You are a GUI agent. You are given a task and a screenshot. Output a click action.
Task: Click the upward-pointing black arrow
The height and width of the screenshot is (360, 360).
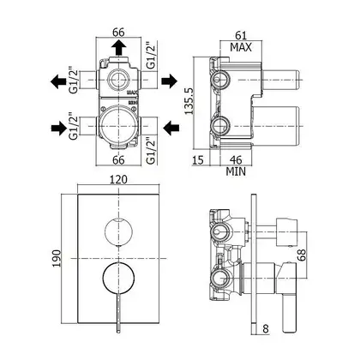pos(118,47)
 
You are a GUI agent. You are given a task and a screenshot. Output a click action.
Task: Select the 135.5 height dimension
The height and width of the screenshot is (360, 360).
pos(189,100)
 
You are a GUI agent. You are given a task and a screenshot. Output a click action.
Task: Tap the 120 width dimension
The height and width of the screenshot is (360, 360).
pos(118,180)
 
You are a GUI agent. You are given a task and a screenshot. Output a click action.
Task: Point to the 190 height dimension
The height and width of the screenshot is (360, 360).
pos(57,258)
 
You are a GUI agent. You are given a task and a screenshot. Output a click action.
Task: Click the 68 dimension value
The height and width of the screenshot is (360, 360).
pos(301,255)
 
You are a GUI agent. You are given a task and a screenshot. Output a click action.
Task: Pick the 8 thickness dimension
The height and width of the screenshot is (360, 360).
pos(266,329)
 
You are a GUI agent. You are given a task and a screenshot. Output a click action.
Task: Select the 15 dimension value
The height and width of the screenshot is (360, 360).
pos(198,159)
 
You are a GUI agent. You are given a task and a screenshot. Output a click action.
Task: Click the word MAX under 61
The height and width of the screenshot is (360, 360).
pos(241,47)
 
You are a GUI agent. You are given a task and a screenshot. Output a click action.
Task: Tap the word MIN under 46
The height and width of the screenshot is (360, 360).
pos(236,171)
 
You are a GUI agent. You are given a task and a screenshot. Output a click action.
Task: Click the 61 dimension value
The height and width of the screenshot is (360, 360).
pos(241,35)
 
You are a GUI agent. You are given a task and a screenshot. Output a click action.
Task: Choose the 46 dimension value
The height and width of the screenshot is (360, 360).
pos(236,159)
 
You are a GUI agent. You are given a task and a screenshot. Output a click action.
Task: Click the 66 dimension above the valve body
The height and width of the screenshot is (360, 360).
pos(118,32)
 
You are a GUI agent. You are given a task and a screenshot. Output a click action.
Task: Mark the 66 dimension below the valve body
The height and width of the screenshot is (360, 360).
pos(118,159)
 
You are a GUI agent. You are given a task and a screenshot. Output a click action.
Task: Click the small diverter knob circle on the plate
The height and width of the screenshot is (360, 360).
pos(118,231)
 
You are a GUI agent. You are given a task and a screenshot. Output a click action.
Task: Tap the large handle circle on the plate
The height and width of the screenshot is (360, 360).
pos(118,277)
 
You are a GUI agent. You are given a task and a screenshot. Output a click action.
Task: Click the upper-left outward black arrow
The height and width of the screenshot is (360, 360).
pos(58,81)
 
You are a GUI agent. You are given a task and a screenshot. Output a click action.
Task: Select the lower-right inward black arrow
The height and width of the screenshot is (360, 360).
pos(171,128)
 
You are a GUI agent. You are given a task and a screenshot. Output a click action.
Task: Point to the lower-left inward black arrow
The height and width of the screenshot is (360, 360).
pos(59,128)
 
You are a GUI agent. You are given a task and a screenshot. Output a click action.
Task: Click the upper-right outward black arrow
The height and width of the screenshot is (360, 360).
pos(170,81)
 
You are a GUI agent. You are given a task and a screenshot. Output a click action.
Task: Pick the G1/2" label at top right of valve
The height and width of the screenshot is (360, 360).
pos(151,56)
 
